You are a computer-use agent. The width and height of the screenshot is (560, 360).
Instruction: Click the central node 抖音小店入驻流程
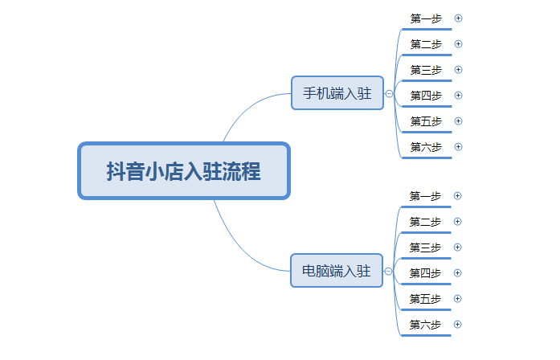click(184, 170)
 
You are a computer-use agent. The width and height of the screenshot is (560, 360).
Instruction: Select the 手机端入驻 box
click(337, 93)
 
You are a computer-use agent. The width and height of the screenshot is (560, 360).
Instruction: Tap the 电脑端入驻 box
click(337, 270)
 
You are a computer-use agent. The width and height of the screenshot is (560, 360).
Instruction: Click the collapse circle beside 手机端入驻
click(389, 93)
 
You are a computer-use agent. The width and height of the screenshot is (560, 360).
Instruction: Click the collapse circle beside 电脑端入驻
click(388, 271)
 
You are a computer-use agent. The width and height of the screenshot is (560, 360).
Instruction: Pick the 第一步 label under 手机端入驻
click(426, 18)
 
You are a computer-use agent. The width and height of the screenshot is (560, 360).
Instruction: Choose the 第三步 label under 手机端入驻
click(426, 70)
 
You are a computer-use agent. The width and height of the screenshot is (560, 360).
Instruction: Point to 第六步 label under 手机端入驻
click(426, 147)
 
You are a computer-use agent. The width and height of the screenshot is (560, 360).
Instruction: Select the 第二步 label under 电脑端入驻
click(425, 222)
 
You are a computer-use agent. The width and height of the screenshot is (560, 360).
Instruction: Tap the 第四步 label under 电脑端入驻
click(425, 273)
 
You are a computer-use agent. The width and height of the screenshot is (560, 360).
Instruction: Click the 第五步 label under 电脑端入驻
click(425, 299)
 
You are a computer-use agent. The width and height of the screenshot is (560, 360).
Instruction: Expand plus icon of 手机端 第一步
click(458, 18)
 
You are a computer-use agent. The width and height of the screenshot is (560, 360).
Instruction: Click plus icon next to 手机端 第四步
click(458, 96)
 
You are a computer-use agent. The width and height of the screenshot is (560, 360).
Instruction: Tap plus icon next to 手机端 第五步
click(458, 121)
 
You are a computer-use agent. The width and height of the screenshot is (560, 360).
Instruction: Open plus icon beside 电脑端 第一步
click(457, 196)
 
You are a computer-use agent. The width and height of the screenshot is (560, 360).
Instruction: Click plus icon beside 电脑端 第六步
click(457, 325)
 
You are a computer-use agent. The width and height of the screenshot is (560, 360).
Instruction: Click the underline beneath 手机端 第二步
click(427, 55)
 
